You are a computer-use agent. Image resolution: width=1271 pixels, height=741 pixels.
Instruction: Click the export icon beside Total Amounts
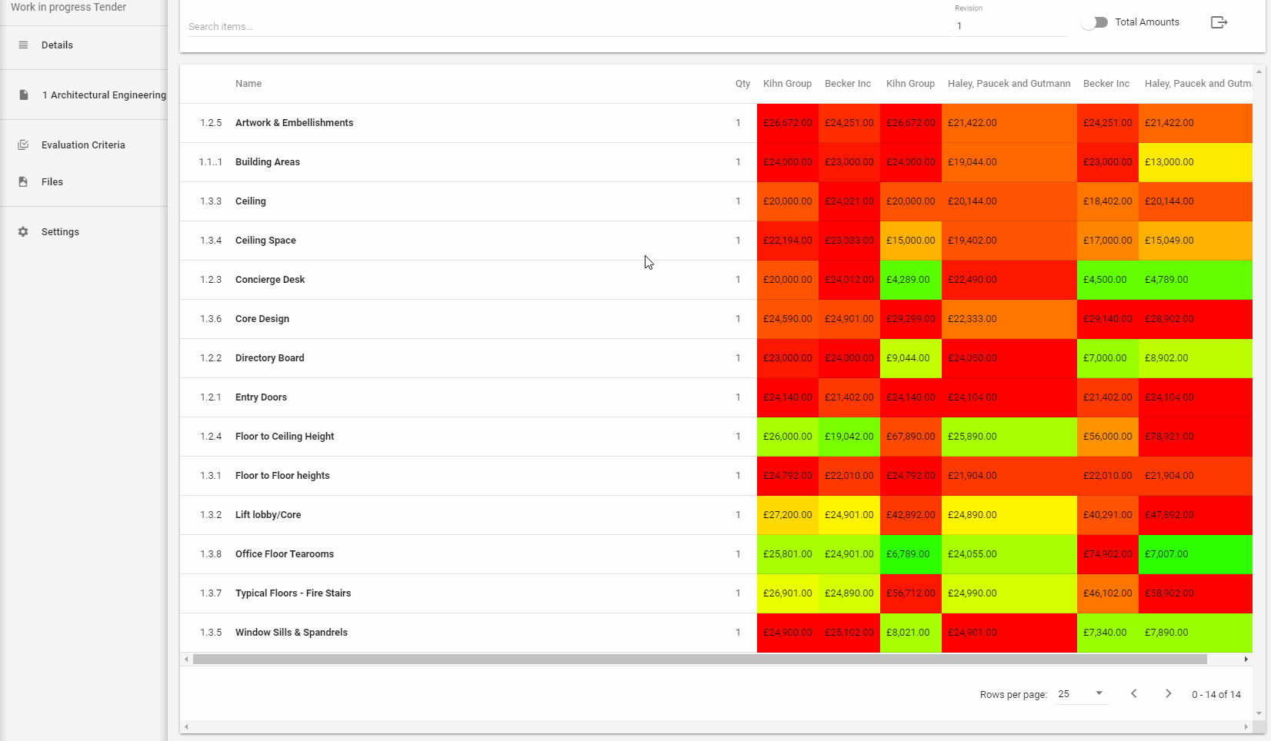coord(1219,22)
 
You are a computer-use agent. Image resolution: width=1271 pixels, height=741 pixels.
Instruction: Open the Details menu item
coord(57,45)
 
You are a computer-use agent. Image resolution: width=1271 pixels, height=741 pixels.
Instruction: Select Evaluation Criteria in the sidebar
coord(83,145)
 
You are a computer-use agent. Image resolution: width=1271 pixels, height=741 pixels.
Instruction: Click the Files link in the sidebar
coord(52,182)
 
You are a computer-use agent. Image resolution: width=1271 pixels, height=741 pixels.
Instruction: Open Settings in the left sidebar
coord(60,232)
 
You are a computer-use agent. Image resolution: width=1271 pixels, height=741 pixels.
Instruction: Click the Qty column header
coord(742,84)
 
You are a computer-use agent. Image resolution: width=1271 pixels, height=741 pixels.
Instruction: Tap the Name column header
coord(249,84)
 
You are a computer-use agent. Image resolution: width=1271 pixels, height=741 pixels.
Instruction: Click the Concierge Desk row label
coord(270,280)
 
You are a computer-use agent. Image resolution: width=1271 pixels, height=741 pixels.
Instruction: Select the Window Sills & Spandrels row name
coord(292,633)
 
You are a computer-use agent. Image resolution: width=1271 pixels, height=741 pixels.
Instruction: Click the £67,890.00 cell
coord(910,437)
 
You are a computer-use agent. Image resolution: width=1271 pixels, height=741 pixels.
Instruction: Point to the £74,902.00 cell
coord(1107,554)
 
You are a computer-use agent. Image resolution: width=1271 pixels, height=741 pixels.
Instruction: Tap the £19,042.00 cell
coord(849,437)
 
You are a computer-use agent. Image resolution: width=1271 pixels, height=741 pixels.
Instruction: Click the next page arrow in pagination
coord(1168,694)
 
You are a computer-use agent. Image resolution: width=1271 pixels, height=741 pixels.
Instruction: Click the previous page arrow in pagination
coord(1133,694)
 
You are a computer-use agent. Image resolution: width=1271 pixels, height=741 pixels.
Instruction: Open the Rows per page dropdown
coord(1081,694)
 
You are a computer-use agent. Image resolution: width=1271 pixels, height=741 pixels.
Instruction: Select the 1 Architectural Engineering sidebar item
coord(104,95)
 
